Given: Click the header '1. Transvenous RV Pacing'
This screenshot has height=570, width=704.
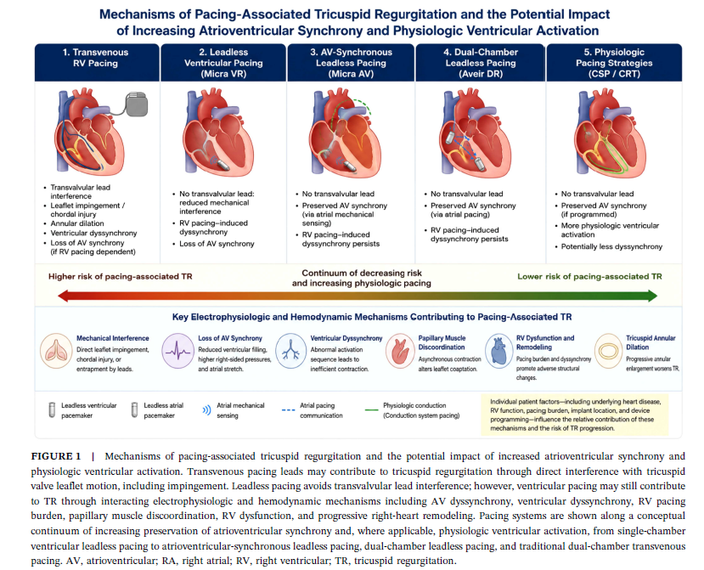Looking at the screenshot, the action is [96, 58].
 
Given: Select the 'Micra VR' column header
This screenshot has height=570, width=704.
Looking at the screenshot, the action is [223, 63].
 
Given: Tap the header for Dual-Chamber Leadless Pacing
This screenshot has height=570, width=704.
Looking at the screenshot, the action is [481, 63].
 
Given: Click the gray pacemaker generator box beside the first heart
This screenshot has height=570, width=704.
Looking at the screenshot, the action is [137, 104].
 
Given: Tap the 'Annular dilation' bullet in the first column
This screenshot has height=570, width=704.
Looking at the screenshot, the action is [76, 223].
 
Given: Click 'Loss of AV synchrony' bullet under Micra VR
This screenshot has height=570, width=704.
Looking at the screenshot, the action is [217, 244].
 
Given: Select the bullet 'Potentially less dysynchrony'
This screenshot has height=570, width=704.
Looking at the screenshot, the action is [611, 246].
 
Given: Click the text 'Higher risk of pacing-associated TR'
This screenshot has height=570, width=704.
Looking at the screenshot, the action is [121, 277].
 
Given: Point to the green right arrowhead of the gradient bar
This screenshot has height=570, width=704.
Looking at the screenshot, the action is [652, 296].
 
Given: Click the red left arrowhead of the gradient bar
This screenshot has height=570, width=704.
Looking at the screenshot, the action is [64, 296].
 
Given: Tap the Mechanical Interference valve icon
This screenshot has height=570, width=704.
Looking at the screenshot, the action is [56, 351].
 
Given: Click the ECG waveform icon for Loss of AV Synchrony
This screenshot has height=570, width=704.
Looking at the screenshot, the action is [177, 351].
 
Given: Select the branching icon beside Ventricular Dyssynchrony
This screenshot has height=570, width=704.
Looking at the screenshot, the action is [291, 351].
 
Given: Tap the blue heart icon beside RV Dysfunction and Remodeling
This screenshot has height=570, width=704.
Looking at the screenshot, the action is [499, 351].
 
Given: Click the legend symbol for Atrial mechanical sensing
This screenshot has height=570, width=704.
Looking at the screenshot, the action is [206, 410].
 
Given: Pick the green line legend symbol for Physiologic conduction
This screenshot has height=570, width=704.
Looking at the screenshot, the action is [372, 410].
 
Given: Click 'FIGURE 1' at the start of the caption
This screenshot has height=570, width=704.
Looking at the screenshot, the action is [56, 456].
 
